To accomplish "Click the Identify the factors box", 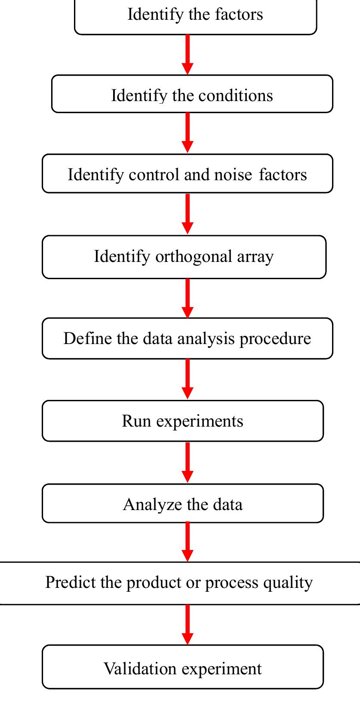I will (x=195, y=15).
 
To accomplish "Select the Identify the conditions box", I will (x=192, y=95).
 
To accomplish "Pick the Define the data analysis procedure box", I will (x=187, y=338).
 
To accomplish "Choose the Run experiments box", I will (x=182, y=421).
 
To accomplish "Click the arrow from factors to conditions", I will (x=188, y=54).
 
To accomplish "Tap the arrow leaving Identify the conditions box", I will (x=188, y=132).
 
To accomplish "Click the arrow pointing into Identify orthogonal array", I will (x=188, y=213).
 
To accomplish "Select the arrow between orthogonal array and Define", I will (x=188, y=298).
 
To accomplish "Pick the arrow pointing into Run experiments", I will (x=188, y=378).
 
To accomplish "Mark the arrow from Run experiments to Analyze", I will (x=188, y=462).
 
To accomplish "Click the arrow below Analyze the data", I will (x=188, y=541).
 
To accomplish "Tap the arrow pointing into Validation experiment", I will (x=188, y=624).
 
